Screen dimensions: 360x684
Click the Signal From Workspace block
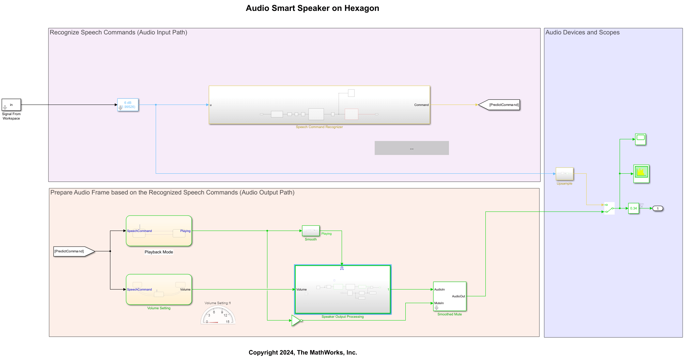(11, 105)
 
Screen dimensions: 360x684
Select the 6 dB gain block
(128, 105)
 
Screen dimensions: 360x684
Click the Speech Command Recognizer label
(319, 127)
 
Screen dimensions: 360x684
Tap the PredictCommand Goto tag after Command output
(500, 105)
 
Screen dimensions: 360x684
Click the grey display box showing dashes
(411, 148)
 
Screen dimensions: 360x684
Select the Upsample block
(564, 174)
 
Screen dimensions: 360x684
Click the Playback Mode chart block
(159, 231)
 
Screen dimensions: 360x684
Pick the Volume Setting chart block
(159, 289)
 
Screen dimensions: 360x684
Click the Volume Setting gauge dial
(218, 315)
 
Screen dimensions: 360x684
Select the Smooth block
(311, 231)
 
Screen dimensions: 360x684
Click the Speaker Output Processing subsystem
(343, 289)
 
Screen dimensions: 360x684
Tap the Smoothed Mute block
(450, 296)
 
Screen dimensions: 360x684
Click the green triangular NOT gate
(296, 320)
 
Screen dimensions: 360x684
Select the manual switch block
(609, 208)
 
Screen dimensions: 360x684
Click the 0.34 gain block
(634, 208)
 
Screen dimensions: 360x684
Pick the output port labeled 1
(657, 208)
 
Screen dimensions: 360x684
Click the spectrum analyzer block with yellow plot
(641, 174)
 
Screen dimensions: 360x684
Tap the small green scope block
(640, 139)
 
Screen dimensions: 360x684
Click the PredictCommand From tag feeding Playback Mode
(73, 251)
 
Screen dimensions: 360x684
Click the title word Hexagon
(361, 8)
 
